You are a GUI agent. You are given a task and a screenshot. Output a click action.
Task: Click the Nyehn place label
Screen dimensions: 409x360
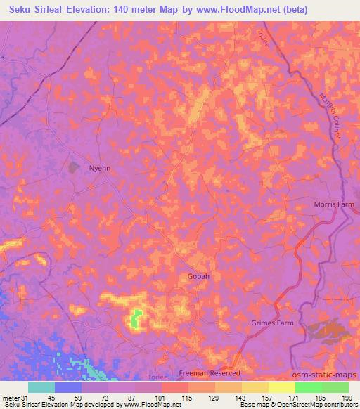[x=100, y=168]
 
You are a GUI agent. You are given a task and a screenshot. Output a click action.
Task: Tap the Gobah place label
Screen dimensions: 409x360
[x=198, y=276]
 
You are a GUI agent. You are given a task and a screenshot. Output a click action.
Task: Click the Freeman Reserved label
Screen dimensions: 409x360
[x=210, y=373]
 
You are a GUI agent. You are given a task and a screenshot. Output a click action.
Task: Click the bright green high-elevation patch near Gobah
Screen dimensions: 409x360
[x=136, y=319]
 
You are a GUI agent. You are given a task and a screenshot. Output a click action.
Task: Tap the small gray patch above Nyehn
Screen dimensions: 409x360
[x=74, y=167]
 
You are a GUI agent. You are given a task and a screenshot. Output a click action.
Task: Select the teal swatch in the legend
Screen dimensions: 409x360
[x=41, y=387]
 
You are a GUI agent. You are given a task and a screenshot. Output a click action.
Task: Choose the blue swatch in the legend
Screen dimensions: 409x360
[x=68, y=387]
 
